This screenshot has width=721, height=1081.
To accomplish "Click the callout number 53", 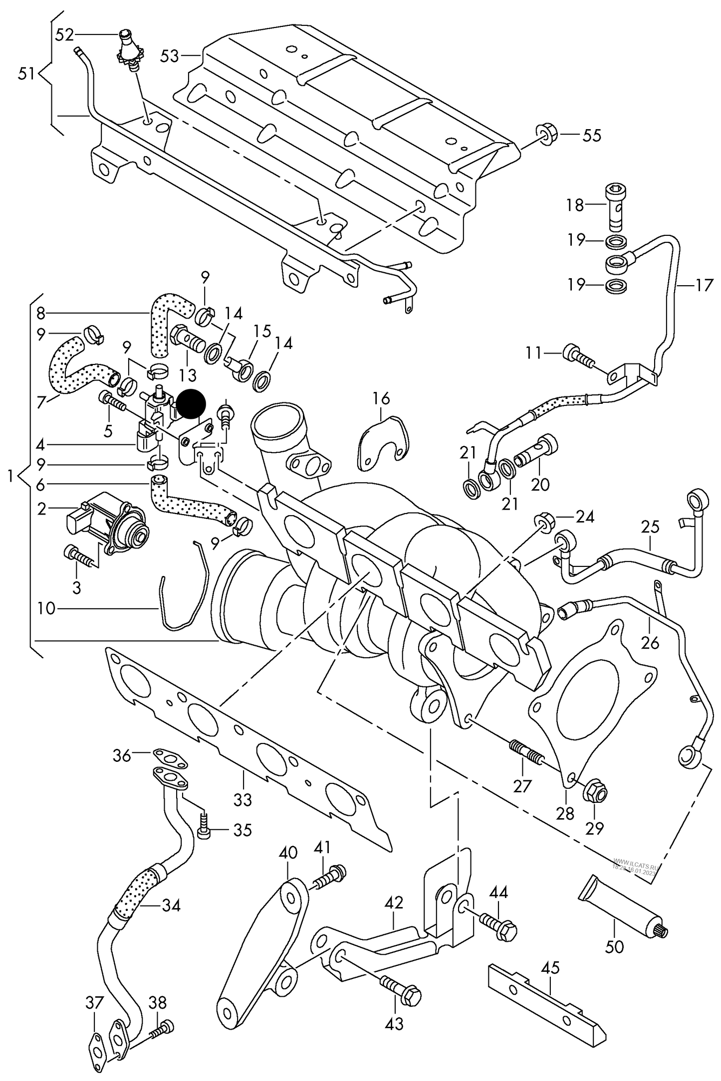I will coord(169,56).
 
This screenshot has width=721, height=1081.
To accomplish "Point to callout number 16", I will coord(381,399).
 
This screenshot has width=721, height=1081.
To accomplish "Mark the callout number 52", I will coord(64,34).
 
